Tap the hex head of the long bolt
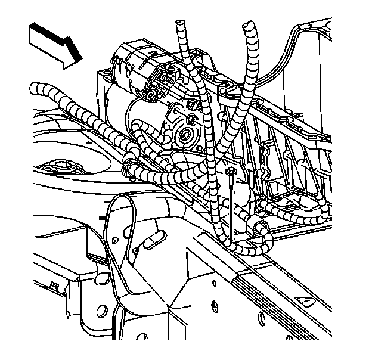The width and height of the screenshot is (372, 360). pyautogui.click(x=231, y=173)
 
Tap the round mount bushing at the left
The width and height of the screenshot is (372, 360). pyautogui.click(x=60, y=167)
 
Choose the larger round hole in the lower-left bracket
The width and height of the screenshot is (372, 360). pyautogui.click(x=101, y=311)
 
